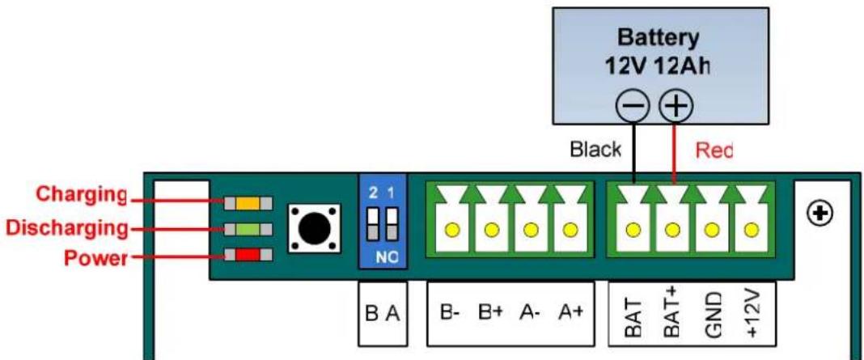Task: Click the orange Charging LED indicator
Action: coord(248,203)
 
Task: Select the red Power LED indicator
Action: coord(248,255)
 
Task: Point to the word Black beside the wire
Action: coord(595,150)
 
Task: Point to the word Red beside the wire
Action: coord(714,150)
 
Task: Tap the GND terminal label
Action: coord(713,314)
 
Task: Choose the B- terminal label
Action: coord(450,312)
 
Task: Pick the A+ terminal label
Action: coord(570,312)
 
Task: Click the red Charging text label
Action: coord(81,194)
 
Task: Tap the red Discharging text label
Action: coord(66,227)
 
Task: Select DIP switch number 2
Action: coord(374,224)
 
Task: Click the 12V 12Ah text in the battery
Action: coord(657,66)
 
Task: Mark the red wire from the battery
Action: coord(675,154)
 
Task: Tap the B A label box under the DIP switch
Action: coord(383,314)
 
